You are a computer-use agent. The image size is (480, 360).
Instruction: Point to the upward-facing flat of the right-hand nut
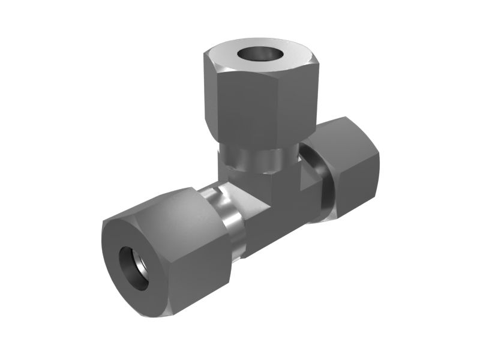(x=342, y=129)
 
